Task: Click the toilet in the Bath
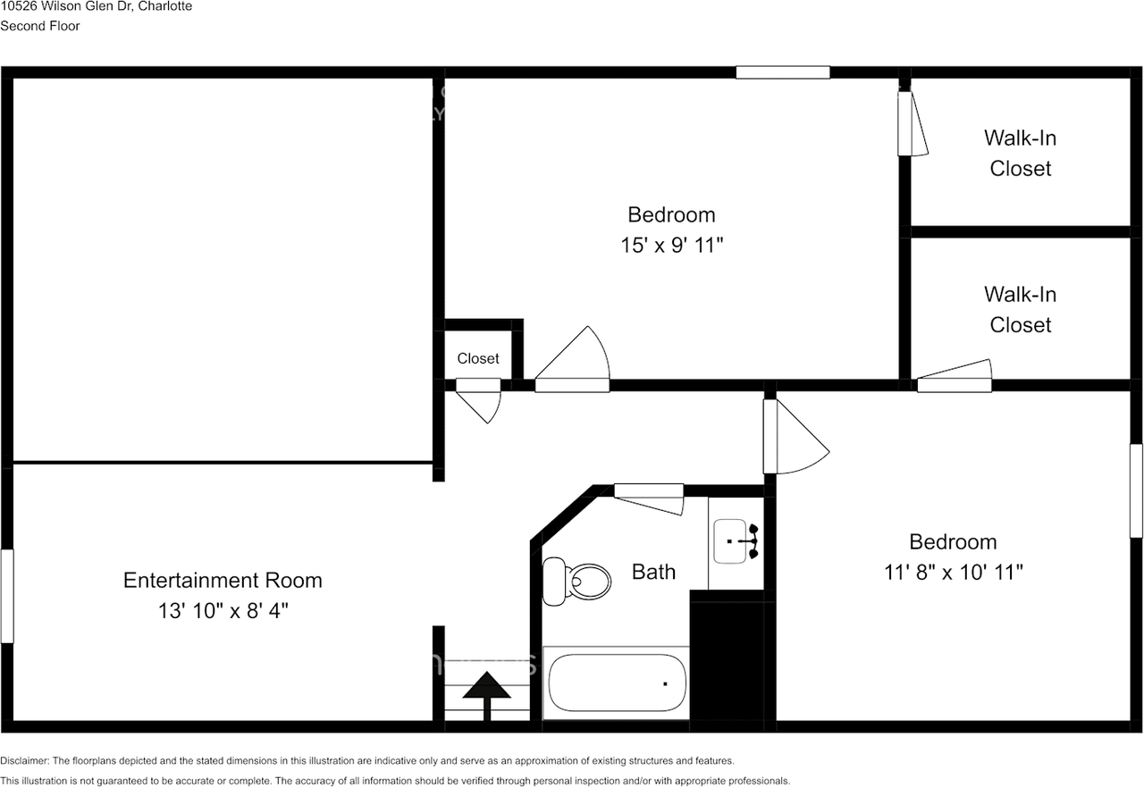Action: pos(578,582)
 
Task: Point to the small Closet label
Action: pos(478,358)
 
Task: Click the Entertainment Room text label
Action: pos(223,580)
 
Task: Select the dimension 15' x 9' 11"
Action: pos(671,245)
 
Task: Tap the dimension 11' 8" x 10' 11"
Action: pos(953,572)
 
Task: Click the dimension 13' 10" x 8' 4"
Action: pos(223,611)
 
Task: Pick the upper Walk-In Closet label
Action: pos(1020,153)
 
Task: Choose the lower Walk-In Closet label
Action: pos(1020,309)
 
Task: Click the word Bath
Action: pos(653,572)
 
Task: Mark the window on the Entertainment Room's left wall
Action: pos(7,596)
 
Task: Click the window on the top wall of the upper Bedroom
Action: pos(783,72)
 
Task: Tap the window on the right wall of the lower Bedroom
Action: pos(1136,490)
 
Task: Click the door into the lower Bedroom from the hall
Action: pos(795,438)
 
